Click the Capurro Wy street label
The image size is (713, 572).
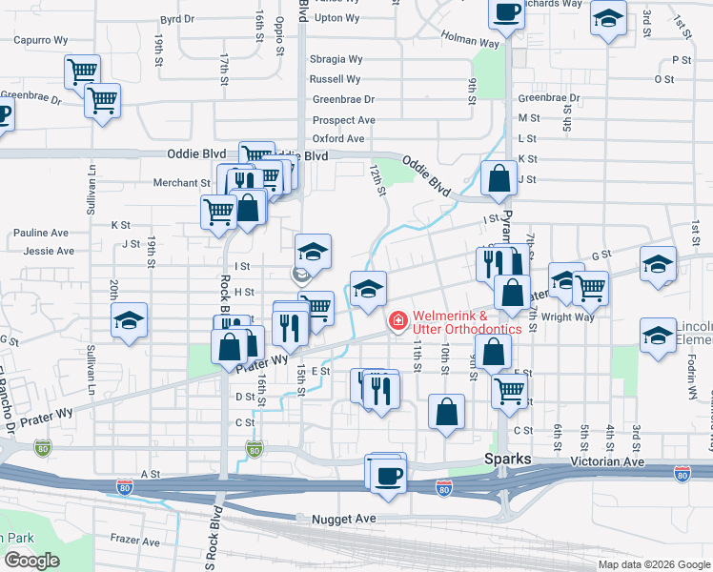click(39, 41)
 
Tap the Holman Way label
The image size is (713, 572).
click(470, 39)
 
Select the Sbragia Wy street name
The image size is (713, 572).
click(335, 59)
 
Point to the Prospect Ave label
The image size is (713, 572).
click(344, 120)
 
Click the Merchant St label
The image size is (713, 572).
click(181, 183)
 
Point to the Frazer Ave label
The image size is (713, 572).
click(133, 541)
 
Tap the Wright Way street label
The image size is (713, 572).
click(570, 317)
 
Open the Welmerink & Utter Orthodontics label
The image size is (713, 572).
click(467, 322)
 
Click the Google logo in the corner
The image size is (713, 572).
click(31, 561)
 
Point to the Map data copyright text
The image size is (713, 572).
click(653, 564)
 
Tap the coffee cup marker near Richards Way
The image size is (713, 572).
click(506, 12)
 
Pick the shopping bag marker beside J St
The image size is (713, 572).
click(499, 177)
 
